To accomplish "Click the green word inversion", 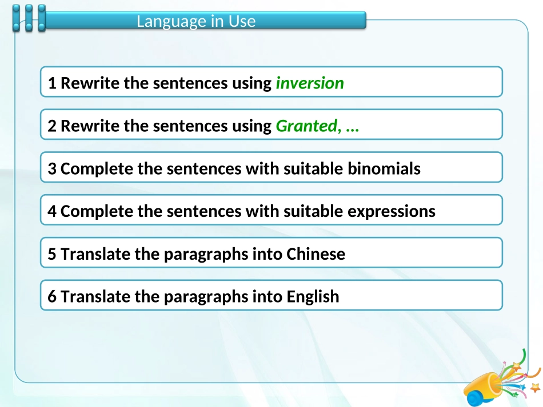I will point(310,83).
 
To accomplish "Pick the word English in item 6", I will point(313,297).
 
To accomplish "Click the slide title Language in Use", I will point(196,22).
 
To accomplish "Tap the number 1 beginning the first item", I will point(52,83).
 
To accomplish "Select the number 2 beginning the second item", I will point(52,126).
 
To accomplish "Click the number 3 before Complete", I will point(52,169).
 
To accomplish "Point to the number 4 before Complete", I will point(52,212).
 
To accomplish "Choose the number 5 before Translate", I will point(52,254).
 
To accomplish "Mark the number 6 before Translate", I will point(52,297).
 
